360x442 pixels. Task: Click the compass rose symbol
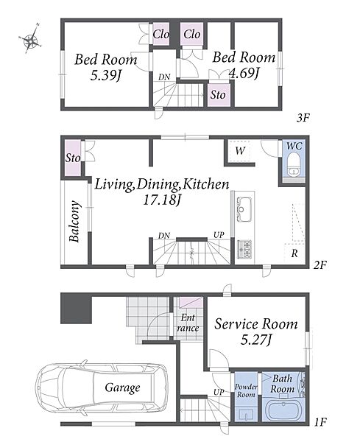(30, 39)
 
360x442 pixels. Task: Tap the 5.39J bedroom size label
(105, 76)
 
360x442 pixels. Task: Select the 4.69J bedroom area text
(244, 73)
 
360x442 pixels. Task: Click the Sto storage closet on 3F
(219, 95)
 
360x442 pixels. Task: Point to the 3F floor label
(303, 118)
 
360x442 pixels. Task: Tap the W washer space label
(240, 151)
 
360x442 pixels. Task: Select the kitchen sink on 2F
(244, 209)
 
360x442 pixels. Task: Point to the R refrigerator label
(294, 253)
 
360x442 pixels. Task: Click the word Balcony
(74, 221)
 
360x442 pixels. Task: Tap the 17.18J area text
(162, 200)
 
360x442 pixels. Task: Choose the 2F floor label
(320, 265)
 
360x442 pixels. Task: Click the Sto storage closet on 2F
(73, 158)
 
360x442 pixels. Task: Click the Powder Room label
(246, 390)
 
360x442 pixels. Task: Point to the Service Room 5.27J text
(255, 331)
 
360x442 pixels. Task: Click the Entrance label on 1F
(188, 323)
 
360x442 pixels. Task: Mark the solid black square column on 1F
(76, 309)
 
